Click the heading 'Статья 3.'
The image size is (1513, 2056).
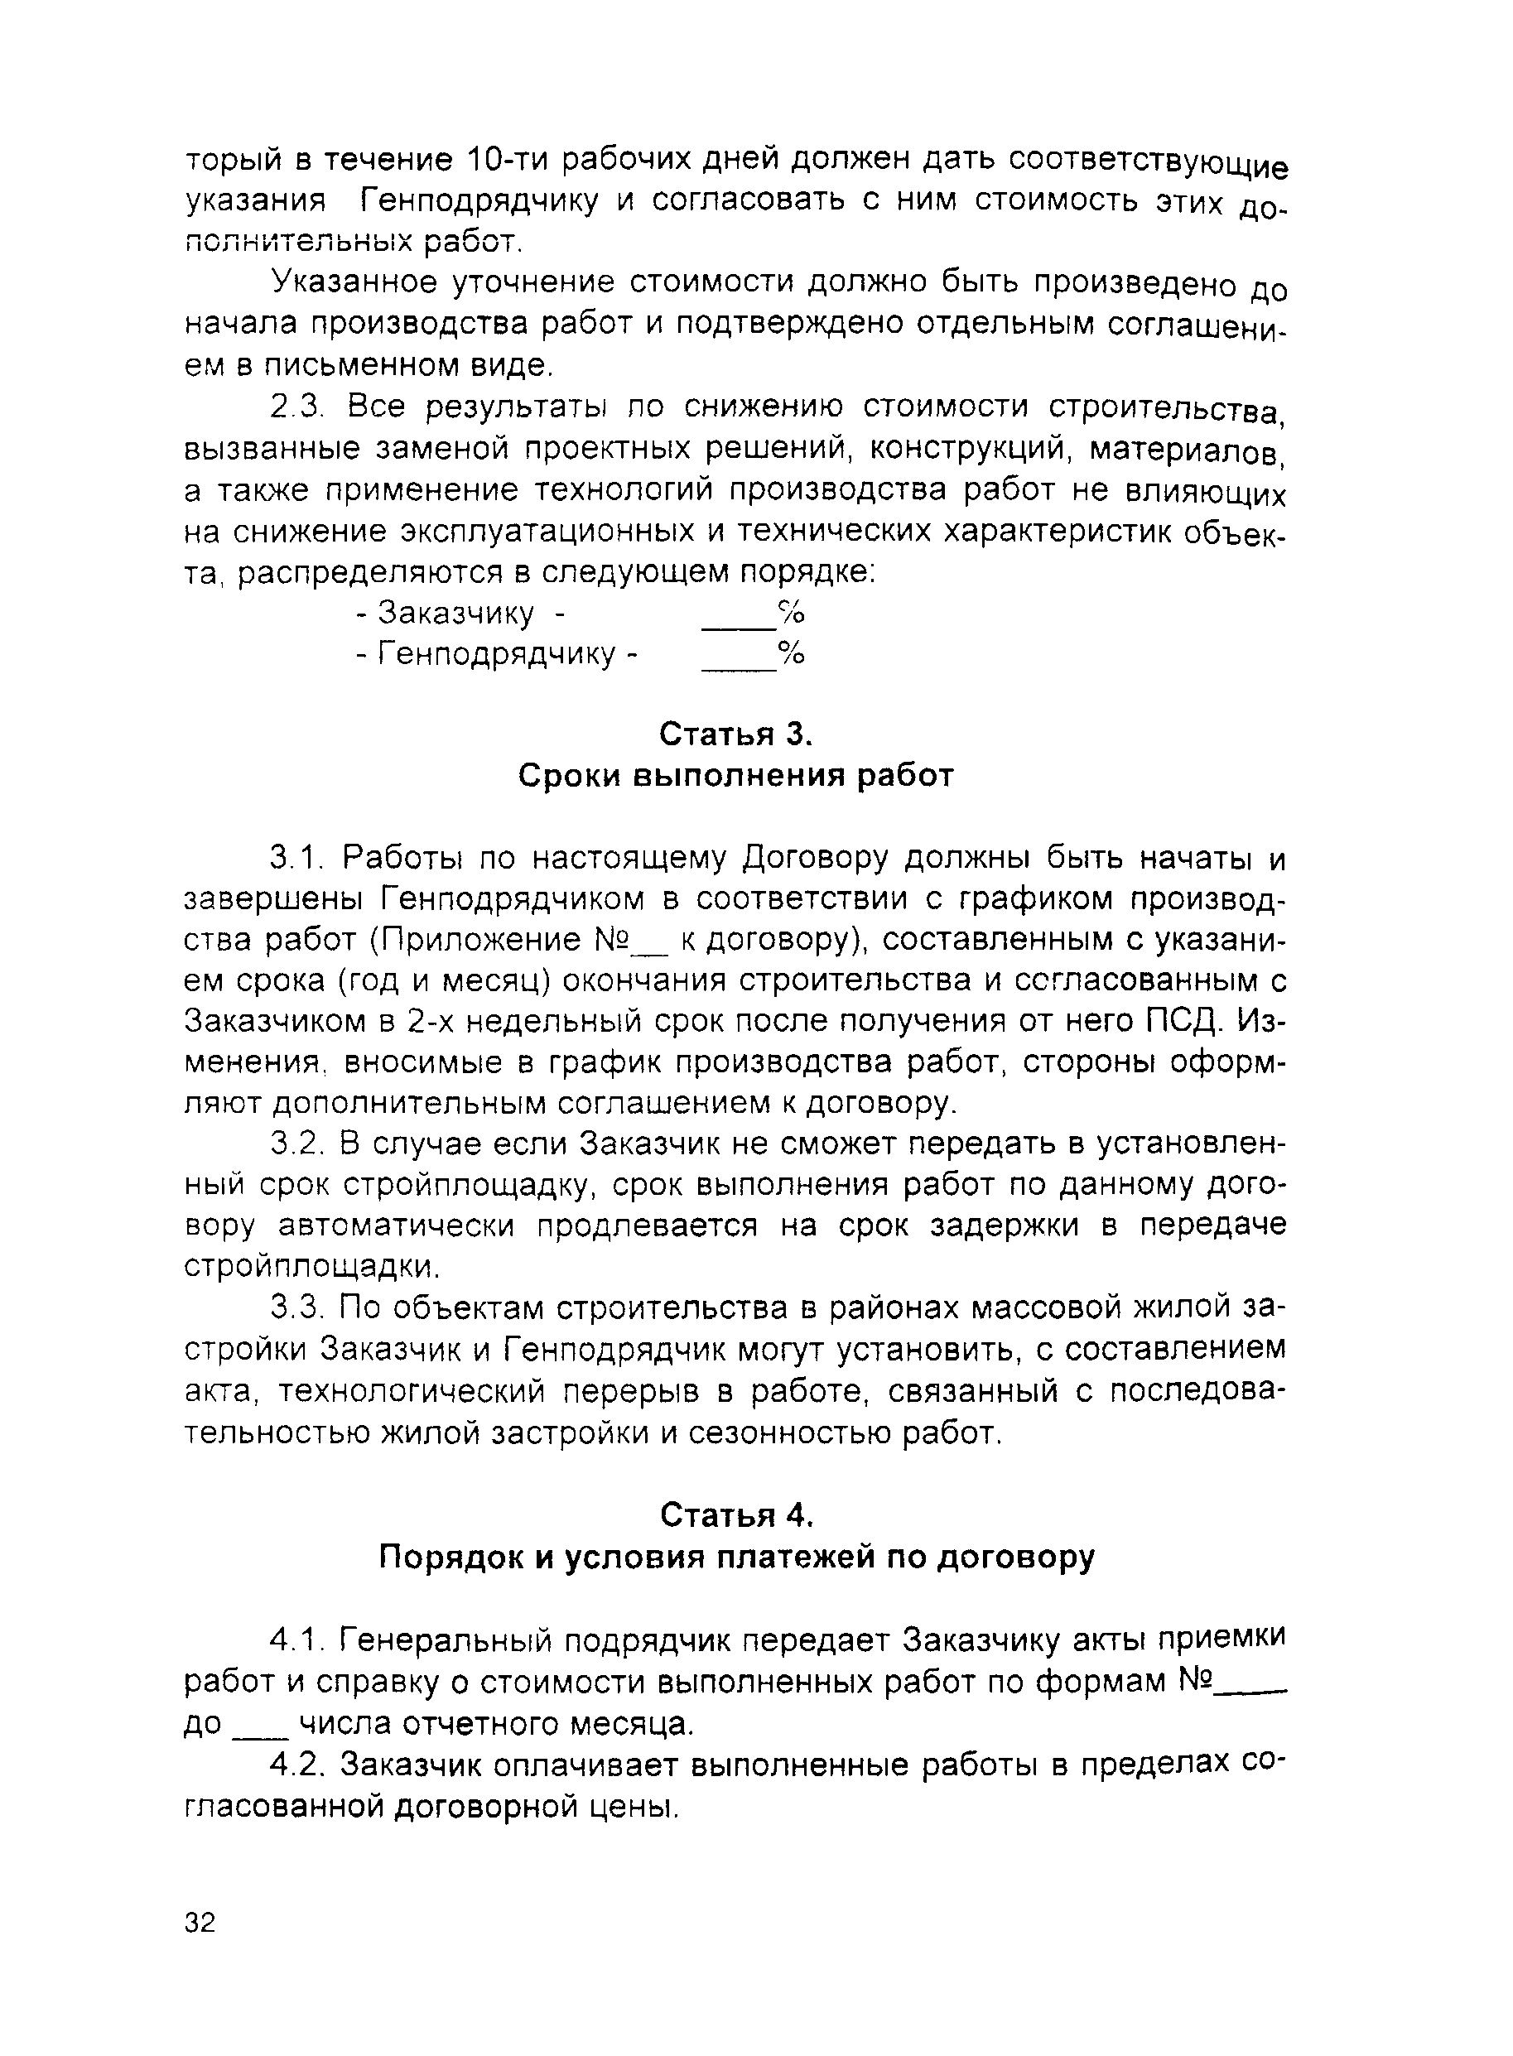pyautogui.click(x=736, y=734)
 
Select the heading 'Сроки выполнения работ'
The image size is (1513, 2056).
pyautogui.click(x=736, y=776)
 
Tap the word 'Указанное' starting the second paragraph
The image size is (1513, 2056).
pyautogui.click(x=352, y=282)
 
